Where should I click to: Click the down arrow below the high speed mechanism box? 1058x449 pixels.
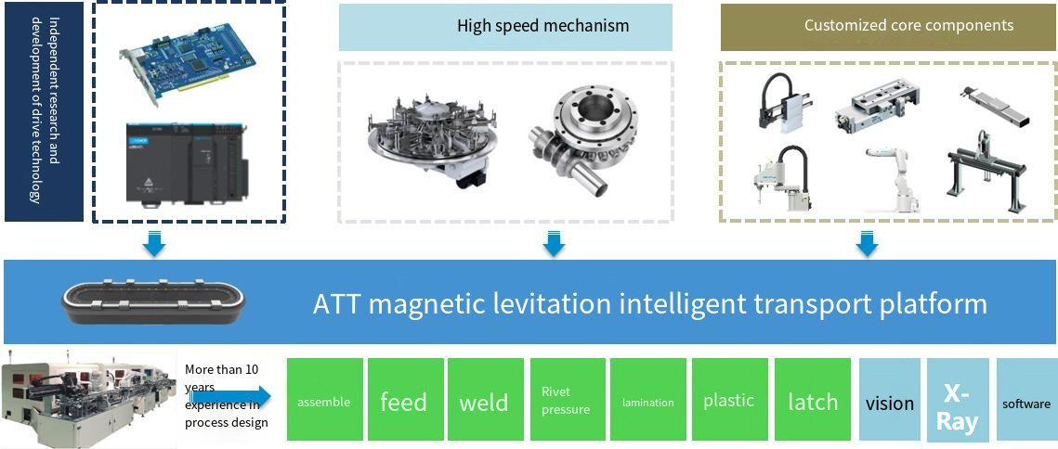pos(554,243)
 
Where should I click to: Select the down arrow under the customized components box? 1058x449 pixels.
pos(867,243)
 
